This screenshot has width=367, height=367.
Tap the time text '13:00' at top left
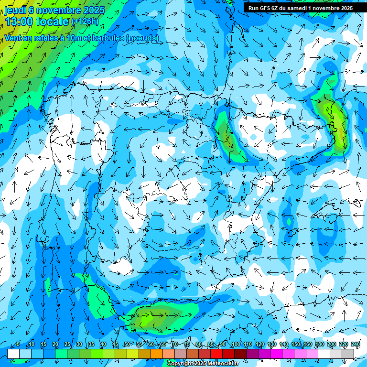(x=19, y=22)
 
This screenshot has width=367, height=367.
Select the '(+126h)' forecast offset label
(x=85, y=21)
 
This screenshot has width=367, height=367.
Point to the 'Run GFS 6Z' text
(x=263, y=8)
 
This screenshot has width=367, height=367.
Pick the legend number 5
(x=18, y=345)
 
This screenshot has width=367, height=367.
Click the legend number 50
(x=127, y=345)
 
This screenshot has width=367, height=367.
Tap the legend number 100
(x=236, y=345)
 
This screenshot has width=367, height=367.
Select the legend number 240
(x=355, y=345)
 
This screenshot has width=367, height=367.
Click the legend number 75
(x=187, y=345)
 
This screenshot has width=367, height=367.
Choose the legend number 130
(x=272, y=345)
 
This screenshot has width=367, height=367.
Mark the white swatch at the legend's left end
(x=13, y=354)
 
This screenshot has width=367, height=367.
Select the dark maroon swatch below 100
(x=240, y=354)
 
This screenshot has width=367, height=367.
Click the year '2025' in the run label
(x=344, y=8)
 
